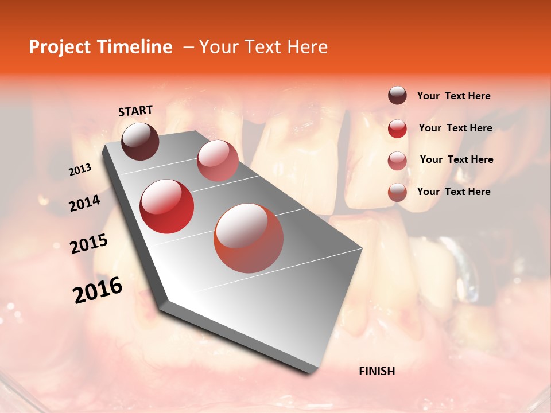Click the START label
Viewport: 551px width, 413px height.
tap(135, 111)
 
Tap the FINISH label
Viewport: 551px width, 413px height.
tap(377, 371)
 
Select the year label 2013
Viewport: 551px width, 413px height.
tap(80, 170)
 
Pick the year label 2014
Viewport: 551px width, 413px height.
tap(84, 203)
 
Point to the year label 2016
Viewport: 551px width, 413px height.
tap(98, 290)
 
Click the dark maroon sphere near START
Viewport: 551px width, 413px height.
tap(140, 141)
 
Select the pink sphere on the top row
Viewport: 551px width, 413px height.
tap(218, 160)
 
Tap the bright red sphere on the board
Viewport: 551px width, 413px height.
tap(167, 206)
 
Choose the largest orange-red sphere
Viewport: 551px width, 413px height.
tap(249, 238)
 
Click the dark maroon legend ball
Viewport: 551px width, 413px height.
tap(397, 95)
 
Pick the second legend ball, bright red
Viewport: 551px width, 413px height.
tap(397, 128)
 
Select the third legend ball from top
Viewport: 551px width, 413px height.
tap(397, 161)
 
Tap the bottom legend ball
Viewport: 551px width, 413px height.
tap(397, 192)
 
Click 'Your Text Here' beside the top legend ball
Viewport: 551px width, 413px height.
tap(453, 96)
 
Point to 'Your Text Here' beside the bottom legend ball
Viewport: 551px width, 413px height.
tap(453, 192)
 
